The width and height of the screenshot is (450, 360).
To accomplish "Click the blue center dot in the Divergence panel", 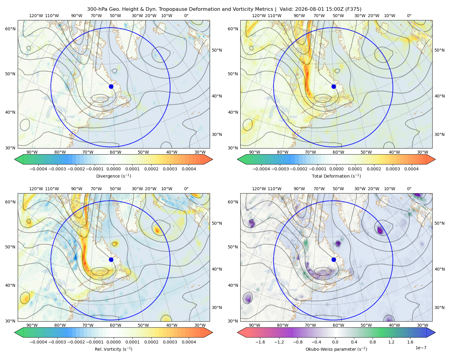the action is pyautogui.click(x=111, y=87).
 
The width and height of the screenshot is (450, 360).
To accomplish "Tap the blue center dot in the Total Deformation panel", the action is pyautogui.click(x=334, y=87).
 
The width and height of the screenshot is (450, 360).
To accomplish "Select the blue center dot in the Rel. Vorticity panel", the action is pyautogui.click(x=111, y=259).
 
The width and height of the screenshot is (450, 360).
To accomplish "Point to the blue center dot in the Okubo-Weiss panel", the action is pyautogui.click(x=334, y=259).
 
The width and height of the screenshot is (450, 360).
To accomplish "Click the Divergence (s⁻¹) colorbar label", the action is pyautogui.click(x=113, y=176).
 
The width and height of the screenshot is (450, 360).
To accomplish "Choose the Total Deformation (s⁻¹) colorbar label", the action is pyautogui.click(x=336, y=176).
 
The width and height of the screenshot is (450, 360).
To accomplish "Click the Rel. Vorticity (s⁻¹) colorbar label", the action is pyautogui.click(x=113, y=349).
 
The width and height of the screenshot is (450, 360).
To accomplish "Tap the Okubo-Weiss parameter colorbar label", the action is pyautogui.click(x=336, y=349).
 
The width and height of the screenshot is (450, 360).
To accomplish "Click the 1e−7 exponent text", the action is pyautogui.click(x=421, y=348).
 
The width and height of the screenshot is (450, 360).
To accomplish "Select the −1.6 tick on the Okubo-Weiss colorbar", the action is pyautogui.click(x=260, y=342).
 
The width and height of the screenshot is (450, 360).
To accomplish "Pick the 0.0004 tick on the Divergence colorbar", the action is pyautogui.click(x=189, y=169).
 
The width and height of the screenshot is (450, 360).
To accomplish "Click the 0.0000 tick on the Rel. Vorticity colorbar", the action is pyautogui.click(x=113, y=342).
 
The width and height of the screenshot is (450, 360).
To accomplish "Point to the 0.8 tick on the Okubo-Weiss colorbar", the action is pyautogui.click(x=373, y=342).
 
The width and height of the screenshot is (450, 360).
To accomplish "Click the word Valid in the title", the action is pyautogui.click(x=286, y=9).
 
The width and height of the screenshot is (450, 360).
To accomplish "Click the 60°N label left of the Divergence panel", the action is pyautogui.click(x=10, y=29).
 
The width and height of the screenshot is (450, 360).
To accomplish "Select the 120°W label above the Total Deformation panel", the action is pyautogui.click(x=259, y=16).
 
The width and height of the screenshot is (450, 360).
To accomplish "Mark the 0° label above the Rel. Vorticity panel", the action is pyautogui.click(x=186, y=189).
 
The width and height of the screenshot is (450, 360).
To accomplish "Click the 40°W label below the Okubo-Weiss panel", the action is pyautogui.click(x=394, y=325).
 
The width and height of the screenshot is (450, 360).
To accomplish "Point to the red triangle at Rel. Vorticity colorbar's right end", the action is pyautogui.click(x=208, y=332).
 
